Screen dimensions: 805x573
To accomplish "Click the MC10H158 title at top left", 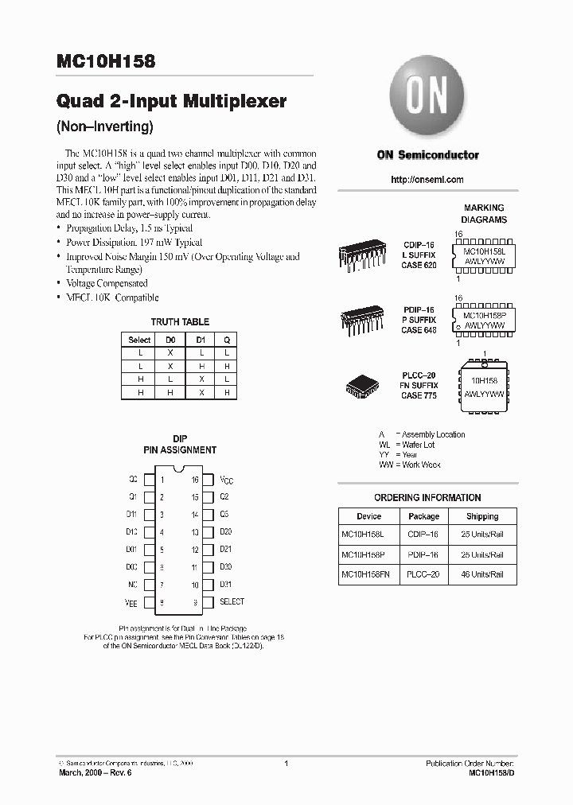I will [107, 60].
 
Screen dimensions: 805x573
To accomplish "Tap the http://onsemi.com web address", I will [427, 180].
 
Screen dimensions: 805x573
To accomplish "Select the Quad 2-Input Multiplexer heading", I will [171, 102].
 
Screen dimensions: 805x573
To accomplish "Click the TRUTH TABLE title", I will [180, 322].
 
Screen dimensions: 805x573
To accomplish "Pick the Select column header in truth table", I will [139, 340].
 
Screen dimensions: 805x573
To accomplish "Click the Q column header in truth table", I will [226, 340].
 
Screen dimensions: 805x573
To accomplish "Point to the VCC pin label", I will [226, 480].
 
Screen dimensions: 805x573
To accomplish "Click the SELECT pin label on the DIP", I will [232, 602].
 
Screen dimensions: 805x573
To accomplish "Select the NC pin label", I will [132, 585].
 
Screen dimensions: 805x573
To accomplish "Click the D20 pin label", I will [225, 532].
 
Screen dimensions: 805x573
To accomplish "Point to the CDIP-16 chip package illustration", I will [363, 255].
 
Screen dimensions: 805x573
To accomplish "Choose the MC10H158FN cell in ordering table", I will [368, 574].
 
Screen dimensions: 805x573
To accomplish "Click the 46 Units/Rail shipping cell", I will [482, 574].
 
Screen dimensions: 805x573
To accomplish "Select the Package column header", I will [423, 516].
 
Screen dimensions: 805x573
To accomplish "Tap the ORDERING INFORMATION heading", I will [427, 498].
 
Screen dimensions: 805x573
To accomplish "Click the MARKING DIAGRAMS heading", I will [484, 214].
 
